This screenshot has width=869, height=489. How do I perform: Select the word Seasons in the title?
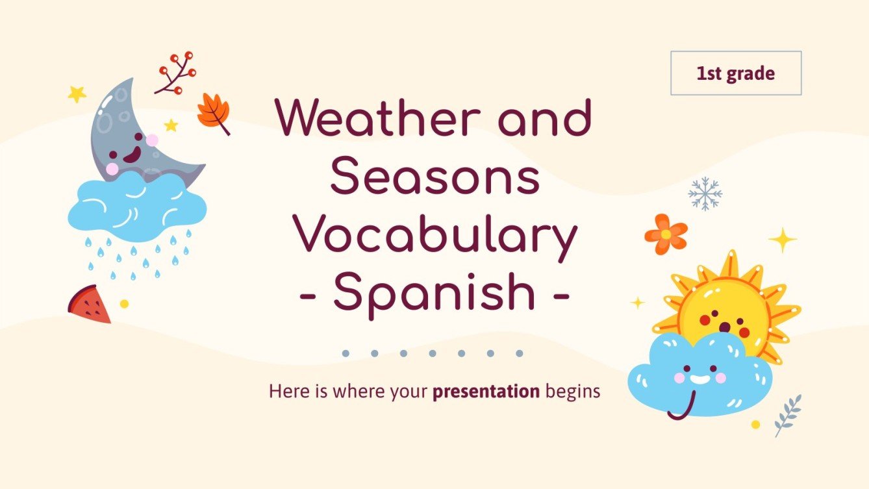point(434,178)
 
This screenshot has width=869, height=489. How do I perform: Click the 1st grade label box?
point(735,73)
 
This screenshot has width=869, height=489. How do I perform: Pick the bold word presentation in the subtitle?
point(486,392)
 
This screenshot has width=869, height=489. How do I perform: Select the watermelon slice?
point(90,305)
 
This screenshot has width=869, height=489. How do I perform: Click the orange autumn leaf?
point(212,112)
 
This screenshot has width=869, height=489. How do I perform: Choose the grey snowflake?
point(705,194)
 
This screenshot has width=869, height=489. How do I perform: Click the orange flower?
point(666,234)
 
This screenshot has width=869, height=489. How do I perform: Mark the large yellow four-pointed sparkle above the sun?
point(782,240)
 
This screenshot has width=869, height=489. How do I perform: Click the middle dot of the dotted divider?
point(432,354)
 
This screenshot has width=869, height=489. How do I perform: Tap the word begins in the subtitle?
point(572,392)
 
